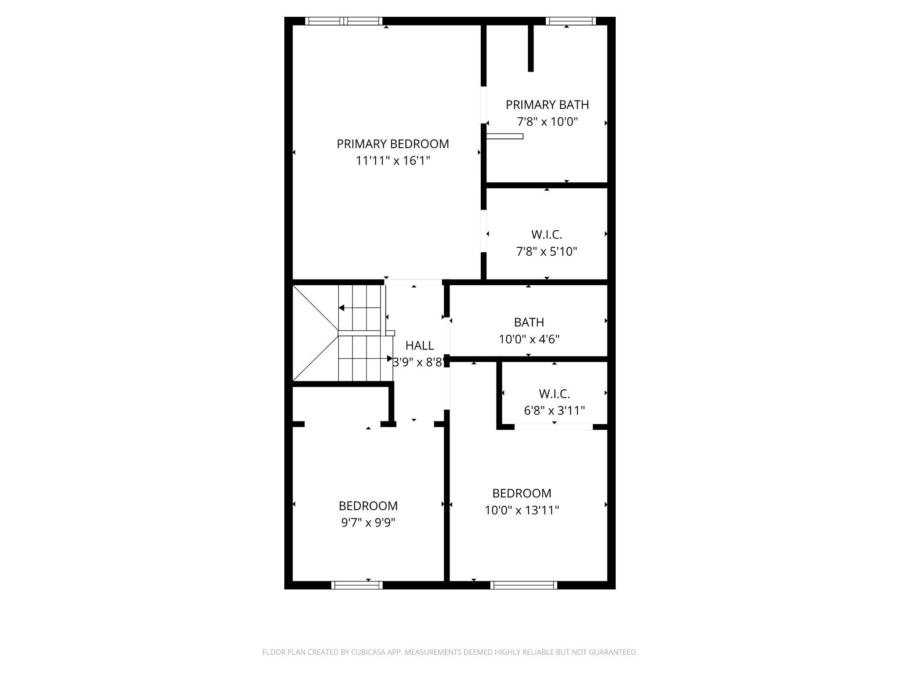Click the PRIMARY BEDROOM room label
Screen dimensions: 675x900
[392, 144]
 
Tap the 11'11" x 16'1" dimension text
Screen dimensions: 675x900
[392, 161]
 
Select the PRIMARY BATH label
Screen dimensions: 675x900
[547, 105]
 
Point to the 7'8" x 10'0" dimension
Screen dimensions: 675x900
[547, 122]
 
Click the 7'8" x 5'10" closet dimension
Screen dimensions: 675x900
[546, 251]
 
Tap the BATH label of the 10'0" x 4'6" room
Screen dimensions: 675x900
[529, 322]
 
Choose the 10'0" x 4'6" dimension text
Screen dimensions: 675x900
[529, 339]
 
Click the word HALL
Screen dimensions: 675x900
[420, 345]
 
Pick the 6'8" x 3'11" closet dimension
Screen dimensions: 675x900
[554, 410]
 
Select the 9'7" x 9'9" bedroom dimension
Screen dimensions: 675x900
[368, 523]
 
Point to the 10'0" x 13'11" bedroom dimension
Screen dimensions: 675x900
[522, 510]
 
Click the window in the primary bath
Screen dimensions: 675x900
[570, 21]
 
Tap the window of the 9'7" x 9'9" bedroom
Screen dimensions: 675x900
[356, 585]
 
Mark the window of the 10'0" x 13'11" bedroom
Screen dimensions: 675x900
[523, 585]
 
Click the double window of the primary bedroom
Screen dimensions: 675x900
[344, 21]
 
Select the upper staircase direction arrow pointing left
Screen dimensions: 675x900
[341, 308]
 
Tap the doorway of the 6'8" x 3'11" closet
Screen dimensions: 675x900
[553, 427]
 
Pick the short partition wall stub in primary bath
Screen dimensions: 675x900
[530, 48]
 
